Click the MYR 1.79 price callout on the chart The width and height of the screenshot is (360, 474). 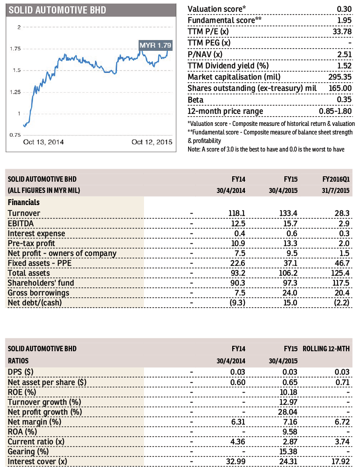pyautogui.click(x=156, y=45)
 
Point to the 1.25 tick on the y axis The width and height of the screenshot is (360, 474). pyautogui.click(x=15, y=92)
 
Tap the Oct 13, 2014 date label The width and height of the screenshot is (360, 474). pyautogui.click(x=44, y=142)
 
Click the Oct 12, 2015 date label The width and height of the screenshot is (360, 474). pyautogui.click(x=152, y=142)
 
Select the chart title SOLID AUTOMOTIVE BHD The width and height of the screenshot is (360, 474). pyautogui.click(x=58, y=10)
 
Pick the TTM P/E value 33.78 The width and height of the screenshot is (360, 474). pyautogui.click(x=342, y=32)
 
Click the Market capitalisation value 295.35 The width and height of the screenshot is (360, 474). pyautogui.click(x=340, y=77)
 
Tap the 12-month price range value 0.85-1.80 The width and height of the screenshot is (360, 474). pyautogui.click(x=335, y=111)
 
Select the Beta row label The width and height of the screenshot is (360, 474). pyautogui.click(x=195, y=100)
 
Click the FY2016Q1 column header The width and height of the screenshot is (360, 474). pyautogui.click(x=336, y=179)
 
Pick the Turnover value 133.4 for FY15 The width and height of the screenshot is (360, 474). pyautogui.click(x=288, y=214)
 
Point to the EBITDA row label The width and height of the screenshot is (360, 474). pyautogui.click(x=21, y=224)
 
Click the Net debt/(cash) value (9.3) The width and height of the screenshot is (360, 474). pyautogui.click(x=238, y=303)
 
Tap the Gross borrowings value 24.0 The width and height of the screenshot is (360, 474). pyautogui.click(x=290, y=293)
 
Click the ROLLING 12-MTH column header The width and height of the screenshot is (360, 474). pyautogui.click(x=326, y=349)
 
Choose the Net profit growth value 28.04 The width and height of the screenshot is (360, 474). pyautogui.click(x=288, y=412)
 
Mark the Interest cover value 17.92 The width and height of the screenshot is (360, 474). pyautogui.click(x=341, y=461)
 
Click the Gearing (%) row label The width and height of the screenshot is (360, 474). pyautogui.click(x=28, y=452)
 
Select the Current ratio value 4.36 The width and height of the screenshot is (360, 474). pyautogui.click(x=238, y=442)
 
